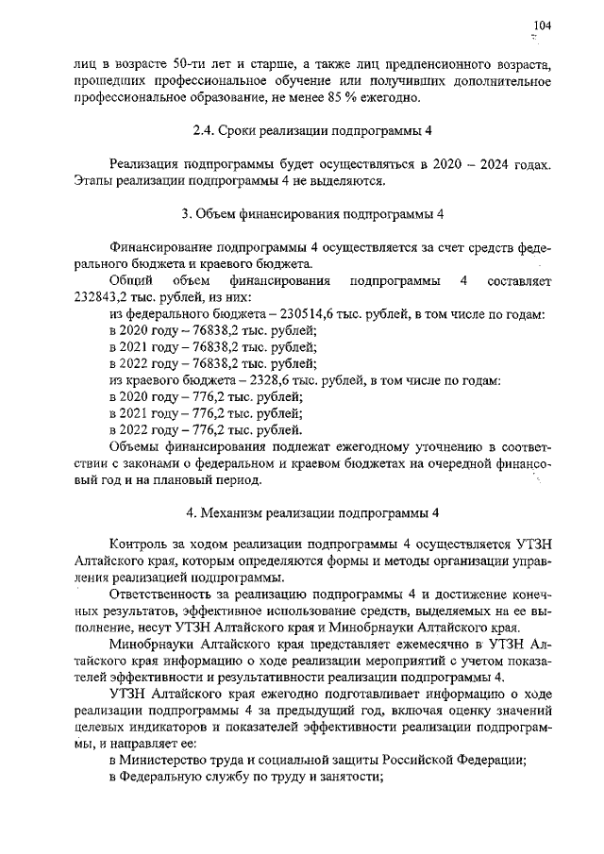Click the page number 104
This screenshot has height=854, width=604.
(x=541, y=25)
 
